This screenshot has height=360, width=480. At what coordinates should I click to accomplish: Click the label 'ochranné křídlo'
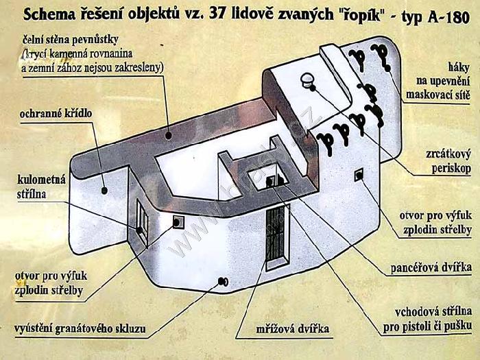tap(56, 114)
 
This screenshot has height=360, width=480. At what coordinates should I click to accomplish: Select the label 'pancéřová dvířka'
tap(431, 268)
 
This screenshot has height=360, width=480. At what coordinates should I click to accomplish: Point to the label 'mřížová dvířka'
tap(292, 328)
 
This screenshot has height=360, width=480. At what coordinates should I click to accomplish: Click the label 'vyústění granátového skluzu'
tap(80, 328)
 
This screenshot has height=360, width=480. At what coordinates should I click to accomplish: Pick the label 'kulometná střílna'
tap(41, 187)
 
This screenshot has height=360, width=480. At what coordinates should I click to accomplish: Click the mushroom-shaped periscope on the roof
tap(307, 80)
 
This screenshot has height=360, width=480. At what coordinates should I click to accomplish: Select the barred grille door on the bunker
tap(277, 238)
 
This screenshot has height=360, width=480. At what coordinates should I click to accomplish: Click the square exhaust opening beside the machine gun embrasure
tap(178, 222)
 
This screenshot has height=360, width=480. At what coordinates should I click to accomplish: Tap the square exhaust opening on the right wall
tap(359, 175)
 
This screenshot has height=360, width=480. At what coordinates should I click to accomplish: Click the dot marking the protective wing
tap(104, 191)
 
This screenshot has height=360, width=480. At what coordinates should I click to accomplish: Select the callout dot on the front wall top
tap(168, 135)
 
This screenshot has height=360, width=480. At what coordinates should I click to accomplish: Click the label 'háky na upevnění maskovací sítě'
tap(438, 81)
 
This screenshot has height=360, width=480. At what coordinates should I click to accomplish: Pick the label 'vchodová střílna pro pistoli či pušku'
tap(427, 320)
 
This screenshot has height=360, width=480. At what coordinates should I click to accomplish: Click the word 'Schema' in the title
tap(49, 15)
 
